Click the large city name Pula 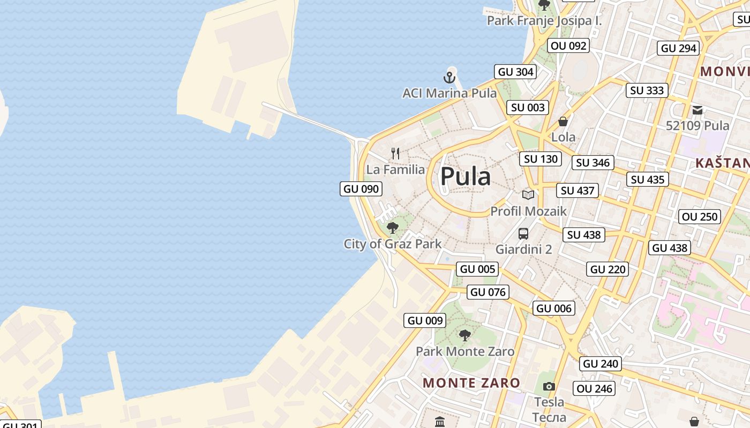pyautogui.click(x=465, y=177)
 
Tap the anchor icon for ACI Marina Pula pyautogui.click(x=449, y=78)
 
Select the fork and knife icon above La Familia pyautogui.click(x=395, y=154)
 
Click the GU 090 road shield pyautogui.click(x=361, y=189)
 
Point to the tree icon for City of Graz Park pyautogui.click(x=393, y=228)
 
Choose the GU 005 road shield pyautogui.click(x=477, y=269)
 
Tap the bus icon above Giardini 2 pyautogui.click(x=523, y=234)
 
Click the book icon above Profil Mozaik pyautogui.click(x=528, y=195)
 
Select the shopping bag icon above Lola pyautogui.click(x=563, y=121)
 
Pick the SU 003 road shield pyautogui.click(x=528, y=108)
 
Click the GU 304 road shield pyautogui.click(x=515, y=72)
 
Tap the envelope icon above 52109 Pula pyautogui.click(x=697, y=110)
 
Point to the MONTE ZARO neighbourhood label pyautogui.click(x=471, y=383)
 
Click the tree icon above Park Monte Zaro pyautogui.click(x=465, y=335)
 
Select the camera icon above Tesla pyautogui.click(x=549, y=386)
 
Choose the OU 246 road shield pyautogui.click(x=595, y=388)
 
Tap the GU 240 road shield pyautogui.click(x=601, y=364)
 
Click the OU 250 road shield pyautogui.click(x=700, y=217)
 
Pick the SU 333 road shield pyautogui.click(x=647, y=90)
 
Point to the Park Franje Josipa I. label pyautogui.click(x=544, y=21)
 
